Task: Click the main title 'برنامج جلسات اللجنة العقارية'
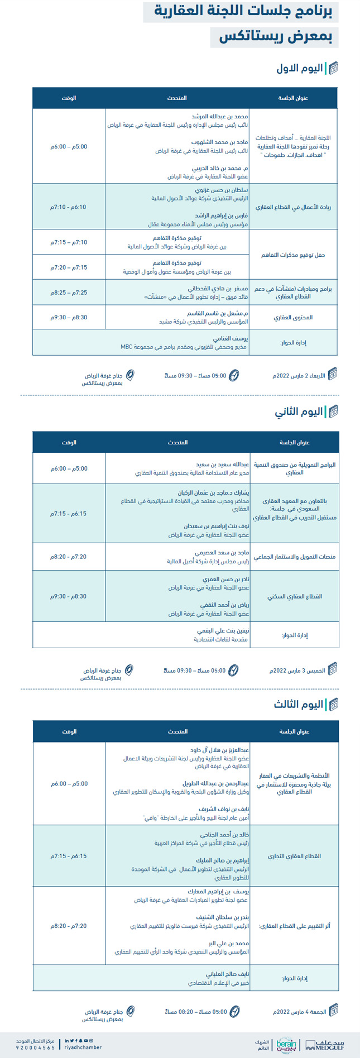pyautogui.click(x=246, y=11)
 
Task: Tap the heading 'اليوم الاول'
pyautogui.click(x=300, y=69)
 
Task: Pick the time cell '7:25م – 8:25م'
pyautogui.click(x=69, y=293)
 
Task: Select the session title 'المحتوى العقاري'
pyautogui.click(x=293, y=318)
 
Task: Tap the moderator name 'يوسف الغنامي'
pyautogui.click(x=231, y=338)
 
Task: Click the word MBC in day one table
pyautogui.click(x=127, y=347)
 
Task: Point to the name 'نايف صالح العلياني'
pyautogui.click(x=227, y=973)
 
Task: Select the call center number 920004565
pyautogui.click(x=35, y=1048)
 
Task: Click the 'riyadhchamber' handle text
pyautogui.click(x=83, y=1048)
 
